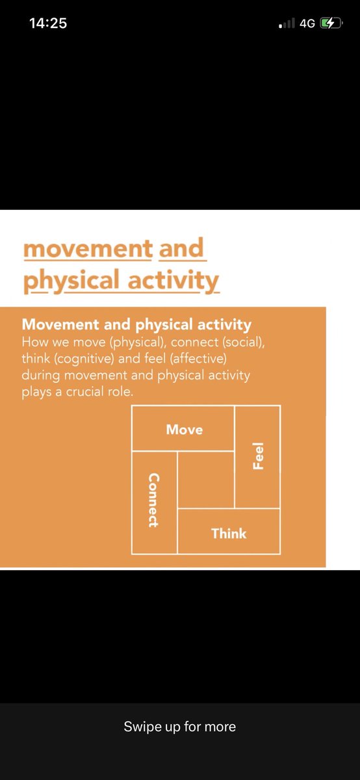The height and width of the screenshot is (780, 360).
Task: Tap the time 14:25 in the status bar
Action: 48,23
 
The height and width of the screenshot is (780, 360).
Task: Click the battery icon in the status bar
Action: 330,23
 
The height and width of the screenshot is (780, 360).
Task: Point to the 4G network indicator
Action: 307,23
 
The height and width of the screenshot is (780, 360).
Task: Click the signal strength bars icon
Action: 286,24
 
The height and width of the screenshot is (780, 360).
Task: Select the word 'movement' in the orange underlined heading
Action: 87,248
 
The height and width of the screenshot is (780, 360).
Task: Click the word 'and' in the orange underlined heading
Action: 181,248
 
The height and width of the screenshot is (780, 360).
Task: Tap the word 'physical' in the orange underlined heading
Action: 71,281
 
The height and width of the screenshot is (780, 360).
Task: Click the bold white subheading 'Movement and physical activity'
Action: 136,324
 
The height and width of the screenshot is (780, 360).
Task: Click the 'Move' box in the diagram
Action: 184,429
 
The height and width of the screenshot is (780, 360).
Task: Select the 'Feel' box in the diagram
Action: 258,456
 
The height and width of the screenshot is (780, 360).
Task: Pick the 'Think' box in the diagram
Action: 229,533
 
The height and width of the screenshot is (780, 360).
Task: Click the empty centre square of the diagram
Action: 205,480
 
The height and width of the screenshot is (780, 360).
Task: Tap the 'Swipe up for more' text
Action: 180,727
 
